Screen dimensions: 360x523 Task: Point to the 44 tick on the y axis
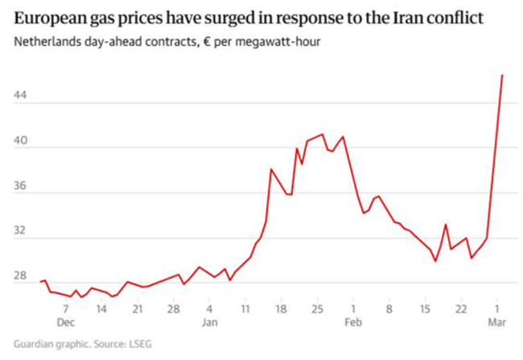pos(22,96)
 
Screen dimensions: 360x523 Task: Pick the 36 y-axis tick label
pos(22,186)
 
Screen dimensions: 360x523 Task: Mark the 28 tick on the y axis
pos(22,277)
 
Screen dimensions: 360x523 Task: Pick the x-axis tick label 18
pos(280,308)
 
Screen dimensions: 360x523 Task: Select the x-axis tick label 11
pos(245,308)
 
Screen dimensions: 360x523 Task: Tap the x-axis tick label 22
pos(460,308)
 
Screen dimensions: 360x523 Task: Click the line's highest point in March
pos(502,75)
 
